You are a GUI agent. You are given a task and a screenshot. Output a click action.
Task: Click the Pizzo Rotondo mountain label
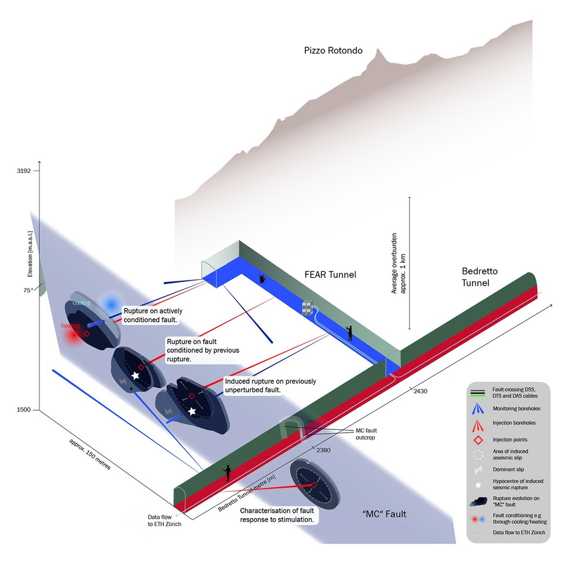333,50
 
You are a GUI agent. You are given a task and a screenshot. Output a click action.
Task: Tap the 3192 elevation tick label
24,171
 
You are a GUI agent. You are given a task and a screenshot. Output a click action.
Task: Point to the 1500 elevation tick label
24,410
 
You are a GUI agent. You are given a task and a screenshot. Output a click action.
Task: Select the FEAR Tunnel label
330,275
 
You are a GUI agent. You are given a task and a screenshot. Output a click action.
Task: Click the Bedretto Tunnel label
479,277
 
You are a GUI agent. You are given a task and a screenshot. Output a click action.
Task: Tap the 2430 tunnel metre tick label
420,391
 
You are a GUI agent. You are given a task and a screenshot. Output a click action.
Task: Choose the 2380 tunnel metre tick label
323,450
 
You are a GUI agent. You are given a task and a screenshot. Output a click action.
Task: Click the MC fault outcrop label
366,434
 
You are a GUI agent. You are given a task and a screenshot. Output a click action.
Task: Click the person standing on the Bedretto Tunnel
227,473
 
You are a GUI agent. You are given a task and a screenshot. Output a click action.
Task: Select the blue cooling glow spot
111,304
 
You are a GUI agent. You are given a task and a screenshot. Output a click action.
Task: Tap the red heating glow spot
72,336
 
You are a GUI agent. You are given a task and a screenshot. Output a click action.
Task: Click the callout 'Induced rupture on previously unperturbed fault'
270,386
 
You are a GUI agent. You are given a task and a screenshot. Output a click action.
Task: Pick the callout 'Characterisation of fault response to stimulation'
277,515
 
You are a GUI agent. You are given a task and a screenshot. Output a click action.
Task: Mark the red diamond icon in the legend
478,440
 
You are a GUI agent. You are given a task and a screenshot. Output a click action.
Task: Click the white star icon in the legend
478,485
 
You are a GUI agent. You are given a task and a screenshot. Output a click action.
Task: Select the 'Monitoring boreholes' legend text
516,408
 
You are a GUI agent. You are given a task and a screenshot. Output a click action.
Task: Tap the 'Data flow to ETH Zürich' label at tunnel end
164,520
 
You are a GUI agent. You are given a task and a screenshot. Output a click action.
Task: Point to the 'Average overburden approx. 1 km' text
398,263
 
